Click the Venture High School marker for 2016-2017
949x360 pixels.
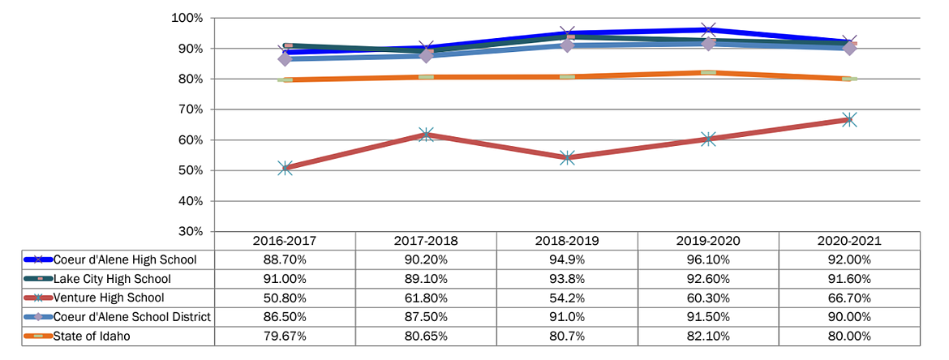tap(285, 168)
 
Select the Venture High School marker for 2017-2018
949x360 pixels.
tap(426, 135)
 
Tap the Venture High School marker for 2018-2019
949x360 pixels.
tap(567, 157)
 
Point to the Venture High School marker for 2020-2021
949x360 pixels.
tap(849, 119)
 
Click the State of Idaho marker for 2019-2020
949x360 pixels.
tap(708, 73)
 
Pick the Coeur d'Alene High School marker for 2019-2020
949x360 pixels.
tap(708, 30)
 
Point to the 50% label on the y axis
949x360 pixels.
tap(191, 170)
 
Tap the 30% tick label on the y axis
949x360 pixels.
tap(191, 231)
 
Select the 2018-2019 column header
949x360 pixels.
tap(567, 241)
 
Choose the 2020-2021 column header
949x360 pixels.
tap(849, 241)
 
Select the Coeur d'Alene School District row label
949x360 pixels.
tap(132, 317)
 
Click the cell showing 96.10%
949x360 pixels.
tap(708, 260)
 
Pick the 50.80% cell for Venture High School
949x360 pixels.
tap(285, 298)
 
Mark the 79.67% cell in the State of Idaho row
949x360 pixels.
tap(285, 336)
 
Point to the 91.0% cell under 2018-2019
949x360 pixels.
tap(567, 317)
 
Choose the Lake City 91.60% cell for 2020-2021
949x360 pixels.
tap(849, 279)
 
